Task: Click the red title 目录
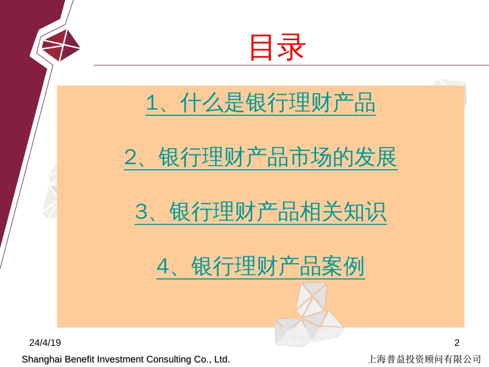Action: pyautogui.click(x=277, y=47)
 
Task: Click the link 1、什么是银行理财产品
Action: pyautogui.click(x=261, y=103)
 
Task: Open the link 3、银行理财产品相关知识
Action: pyautogui.click(x=261, y=212)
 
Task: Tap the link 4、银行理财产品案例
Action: pyautogui.click(x=261, y=267)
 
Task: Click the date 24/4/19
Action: pyautogui.click(x=45, y=343)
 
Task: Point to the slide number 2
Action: pyautogui.click(x=457, y=343)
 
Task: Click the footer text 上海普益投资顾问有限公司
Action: pyautogui.click(x=424, y=359)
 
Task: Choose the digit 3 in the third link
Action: pyautogui.click(x=141, y=212)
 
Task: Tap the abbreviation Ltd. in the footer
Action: pyautogui.click(x=222, y=359)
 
